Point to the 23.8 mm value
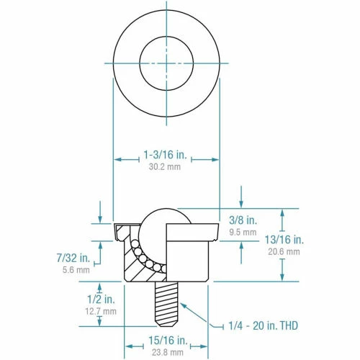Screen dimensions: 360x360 point(166,352)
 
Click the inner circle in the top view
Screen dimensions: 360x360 point(166,63)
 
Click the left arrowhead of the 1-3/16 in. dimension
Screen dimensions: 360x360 point(117,159)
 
